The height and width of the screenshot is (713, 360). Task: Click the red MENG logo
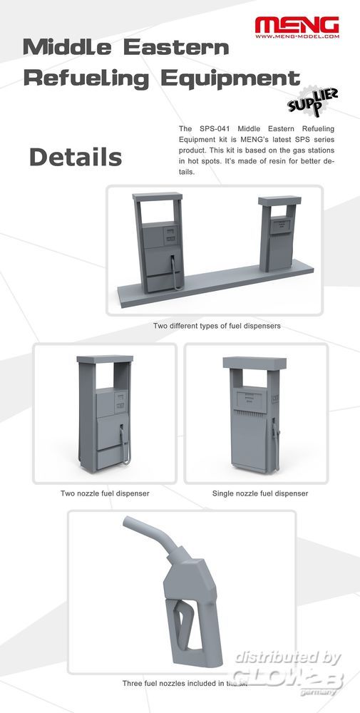pyautogui.click(x=297, y=24)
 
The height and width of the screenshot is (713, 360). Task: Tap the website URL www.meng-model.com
pyautogui.click(x=297, y=36)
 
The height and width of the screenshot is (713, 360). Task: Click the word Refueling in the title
pyautogui.click(x=86, y=78)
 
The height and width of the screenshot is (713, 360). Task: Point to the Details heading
pyautogui.click(x=76, y=158)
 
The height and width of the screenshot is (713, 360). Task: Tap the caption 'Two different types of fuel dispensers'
pyautogui.click(x=217, y=326)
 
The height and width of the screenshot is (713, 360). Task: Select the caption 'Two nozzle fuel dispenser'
pyautogui.click(x=105, y=493)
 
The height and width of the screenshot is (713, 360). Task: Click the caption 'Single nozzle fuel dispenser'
pyautogui.click(x=260, y=493)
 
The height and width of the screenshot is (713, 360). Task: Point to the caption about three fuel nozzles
pyautogui.click(x=185, y=683)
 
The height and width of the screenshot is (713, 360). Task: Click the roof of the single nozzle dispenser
pyautogui.click(x=254, y=363)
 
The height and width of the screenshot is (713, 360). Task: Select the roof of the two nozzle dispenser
pyautogui.click(x=105, y=359)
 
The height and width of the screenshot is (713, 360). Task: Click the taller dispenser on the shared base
pyautogui.click(x=158, y=243)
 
